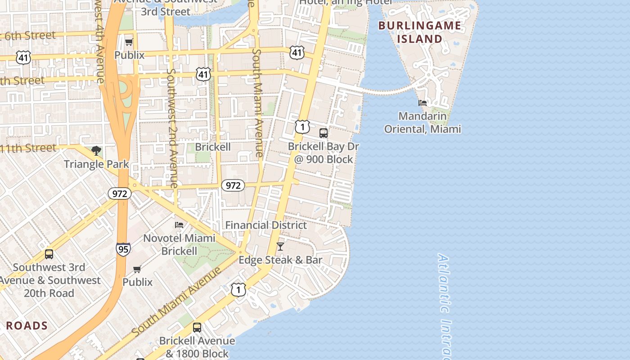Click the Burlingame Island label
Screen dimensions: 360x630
coord(419,32)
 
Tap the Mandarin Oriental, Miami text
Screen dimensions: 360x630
coord(422,122)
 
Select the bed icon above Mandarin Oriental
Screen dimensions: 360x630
coord(422,103)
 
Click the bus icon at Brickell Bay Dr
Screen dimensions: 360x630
coord(323,133)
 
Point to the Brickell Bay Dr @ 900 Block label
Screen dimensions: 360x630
coord(323,153)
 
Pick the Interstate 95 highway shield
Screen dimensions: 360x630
coord(123,249)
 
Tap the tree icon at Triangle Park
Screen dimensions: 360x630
coord(96,151)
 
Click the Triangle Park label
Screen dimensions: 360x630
coord(96,164)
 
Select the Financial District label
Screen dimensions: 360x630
coord(266,225)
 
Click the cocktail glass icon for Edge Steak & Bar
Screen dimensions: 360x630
coord(280,247)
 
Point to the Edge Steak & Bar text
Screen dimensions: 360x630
coord(280,260)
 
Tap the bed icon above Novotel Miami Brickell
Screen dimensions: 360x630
coord(179,225)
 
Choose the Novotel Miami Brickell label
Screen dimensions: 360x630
coord(179,244)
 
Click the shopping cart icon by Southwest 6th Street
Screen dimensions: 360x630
coord(129,42)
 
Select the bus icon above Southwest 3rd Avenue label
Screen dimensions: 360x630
coord(49,254)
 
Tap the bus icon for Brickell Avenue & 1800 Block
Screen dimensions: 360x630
coord(197,328)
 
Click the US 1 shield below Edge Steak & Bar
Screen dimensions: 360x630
coord(238,290)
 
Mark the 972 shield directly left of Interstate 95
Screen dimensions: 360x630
coord(119,193)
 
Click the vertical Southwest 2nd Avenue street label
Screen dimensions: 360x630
coord(172,128)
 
